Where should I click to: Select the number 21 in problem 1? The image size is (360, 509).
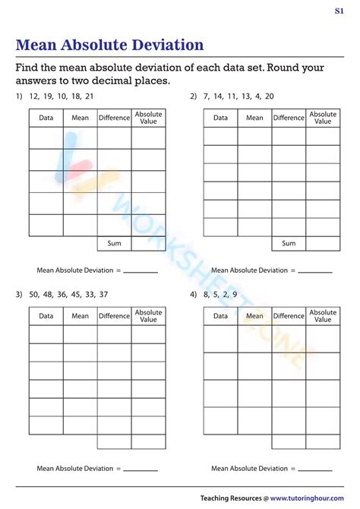90,96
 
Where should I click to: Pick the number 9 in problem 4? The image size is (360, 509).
234,294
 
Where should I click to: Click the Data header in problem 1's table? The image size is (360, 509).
46,118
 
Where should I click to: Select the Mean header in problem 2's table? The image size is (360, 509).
254,118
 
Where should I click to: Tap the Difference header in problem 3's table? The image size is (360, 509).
114,316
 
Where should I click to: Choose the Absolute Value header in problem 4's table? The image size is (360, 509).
323,316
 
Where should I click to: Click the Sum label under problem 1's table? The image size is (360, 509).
114,243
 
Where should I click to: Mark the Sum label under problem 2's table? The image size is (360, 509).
289,243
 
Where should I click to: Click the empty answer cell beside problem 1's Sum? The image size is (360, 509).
148,243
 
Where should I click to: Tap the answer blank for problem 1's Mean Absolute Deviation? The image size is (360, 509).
141,271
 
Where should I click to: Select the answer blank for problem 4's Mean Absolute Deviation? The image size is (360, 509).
315,469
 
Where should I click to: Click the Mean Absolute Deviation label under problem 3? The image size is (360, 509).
78,469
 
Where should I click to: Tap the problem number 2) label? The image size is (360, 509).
194,96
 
